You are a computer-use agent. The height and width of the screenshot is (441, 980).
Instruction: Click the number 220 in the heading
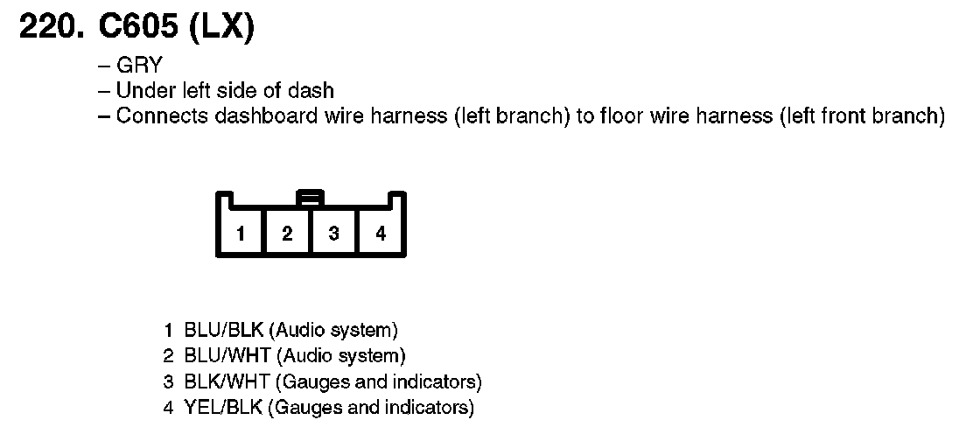(x=49, y=28)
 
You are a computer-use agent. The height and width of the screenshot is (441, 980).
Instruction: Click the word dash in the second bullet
(x=315, y=91)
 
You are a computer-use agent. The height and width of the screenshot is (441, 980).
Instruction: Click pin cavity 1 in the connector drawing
(x=240, y=234)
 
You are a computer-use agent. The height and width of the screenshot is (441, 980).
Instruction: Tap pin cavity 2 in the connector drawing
(x=287, y=234)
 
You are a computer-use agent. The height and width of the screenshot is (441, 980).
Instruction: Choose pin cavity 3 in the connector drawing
(x=333, y=234)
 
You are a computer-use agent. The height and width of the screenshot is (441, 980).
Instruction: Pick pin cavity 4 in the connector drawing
(x=381, y=234)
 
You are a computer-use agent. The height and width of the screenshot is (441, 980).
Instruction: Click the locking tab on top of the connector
(x=311, y=197)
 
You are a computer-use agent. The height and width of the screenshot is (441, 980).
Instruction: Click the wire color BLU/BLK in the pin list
(x=224, y=331)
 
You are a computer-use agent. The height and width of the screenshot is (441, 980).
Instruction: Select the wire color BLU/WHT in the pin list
(x=227, y=356)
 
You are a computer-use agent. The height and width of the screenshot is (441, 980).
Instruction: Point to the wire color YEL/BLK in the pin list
(x=224, y=407)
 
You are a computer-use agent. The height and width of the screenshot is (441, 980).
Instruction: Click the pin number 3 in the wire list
(x=167, y=381)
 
